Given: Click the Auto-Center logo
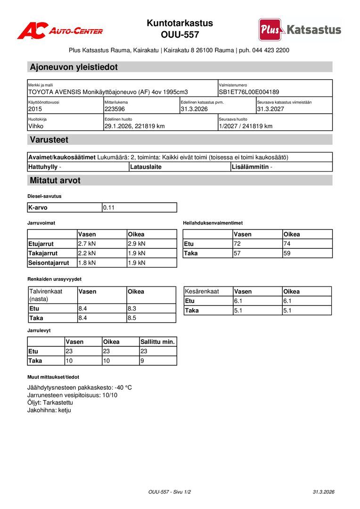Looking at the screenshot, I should coord(60,31).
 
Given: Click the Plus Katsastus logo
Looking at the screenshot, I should coord(300,30).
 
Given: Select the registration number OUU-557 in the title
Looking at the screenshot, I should coord(180,35).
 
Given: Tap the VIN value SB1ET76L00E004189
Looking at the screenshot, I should coord(249,92).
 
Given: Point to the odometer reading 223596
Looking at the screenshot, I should coord(115,109).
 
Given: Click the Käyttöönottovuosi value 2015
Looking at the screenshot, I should coord(35,109).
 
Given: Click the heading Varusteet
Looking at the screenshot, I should coord(49,140).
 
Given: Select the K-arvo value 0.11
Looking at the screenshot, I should coord(109,207).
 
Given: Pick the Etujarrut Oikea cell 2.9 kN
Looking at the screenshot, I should coord(137,244).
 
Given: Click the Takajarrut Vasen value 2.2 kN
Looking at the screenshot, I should coord(87,253).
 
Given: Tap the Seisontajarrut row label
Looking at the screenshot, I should coord(49,263).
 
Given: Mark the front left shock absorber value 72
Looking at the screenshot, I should coord(237,244).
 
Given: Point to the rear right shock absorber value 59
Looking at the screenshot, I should coord(287,253).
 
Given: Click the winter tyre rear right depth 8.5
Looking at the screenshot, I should coord(132,318).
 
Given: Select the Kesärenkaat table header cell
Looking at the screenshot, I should coord(202,291).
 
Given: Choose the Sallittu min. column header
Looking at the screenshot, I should coord(158,342).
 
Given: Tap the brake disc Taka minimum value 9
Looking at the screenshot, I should coord(142,361).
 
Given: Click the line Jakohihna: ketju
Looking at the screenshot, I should coord(49,410).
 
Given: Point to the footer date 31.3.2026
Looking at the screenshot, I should coord(323,492).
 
